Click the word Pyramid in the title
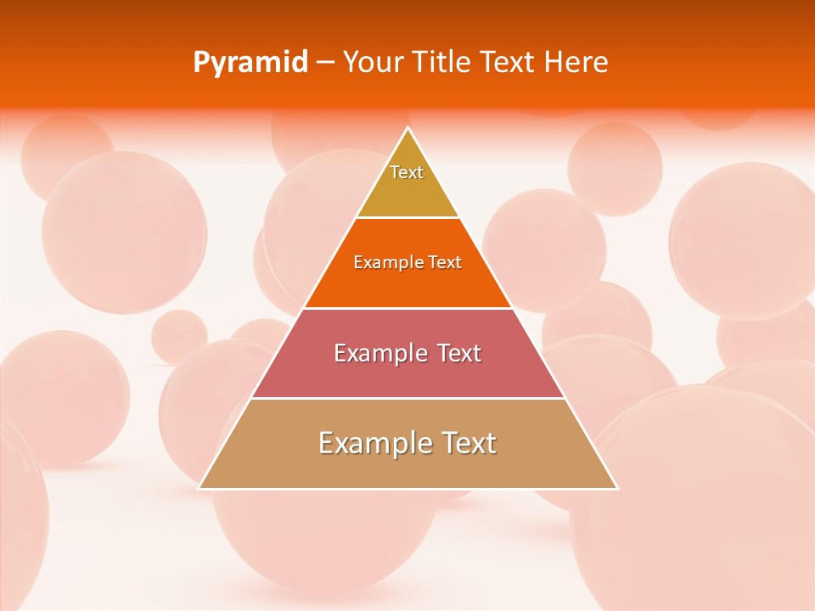click(250, 63)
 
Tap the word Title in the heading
click(443, 63)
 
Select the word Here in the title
click(576, 63)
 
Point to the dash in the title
click(324, 63)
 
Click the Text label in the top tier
click(407, 172)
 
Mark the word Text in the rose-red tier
click(459, 353)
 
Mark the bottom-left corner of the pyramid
click(200, 488)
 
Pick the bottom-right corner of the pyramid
click(616, 488)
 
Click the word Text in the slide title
click(509, 63)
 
